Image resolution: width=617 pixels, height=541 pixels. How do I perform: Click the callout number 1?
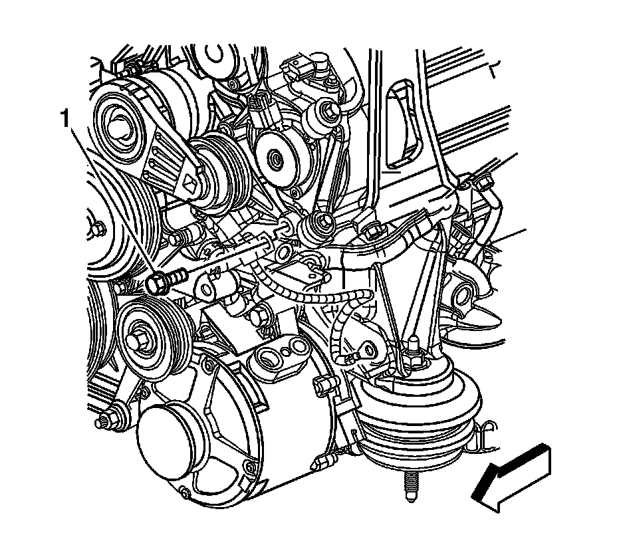coord(64,119)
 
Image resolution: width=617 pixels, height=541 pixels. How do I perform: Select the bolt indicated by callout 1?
coord(166,280)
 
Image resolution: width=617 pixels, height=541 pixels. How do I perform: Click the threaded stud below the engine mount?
coord(410,486)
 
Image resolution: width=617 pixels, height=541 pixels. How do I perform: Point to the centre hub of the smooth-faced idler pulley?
coord(275,159)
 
